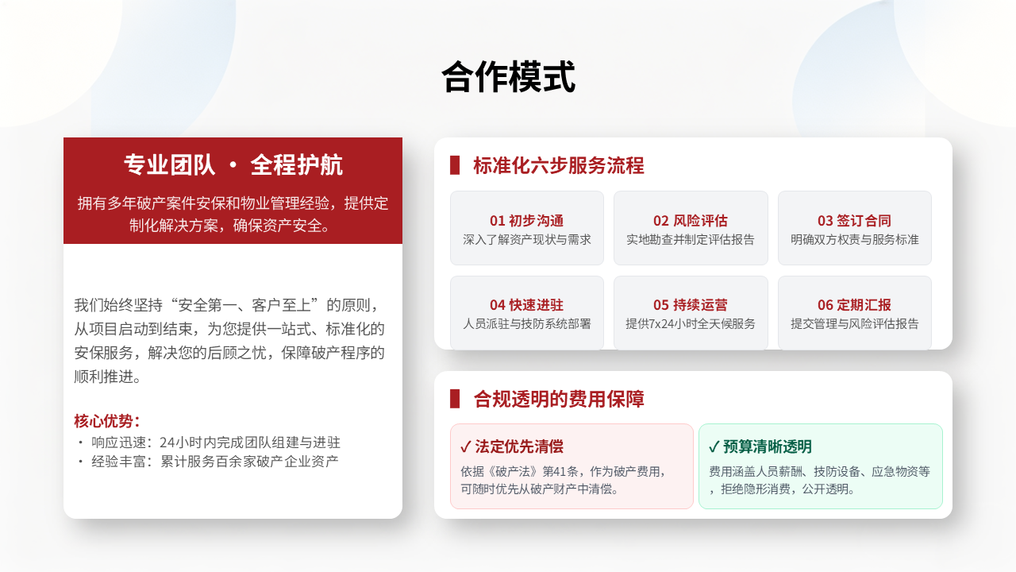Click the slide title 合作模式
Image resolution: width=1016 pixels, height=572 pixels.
(x=508, y=77)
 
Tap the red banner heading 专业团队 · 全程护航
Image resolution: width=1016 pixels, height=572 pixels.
(x=233, y=164)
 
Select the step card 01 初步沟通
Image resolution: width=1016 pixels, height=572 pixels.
(x=526, y=228)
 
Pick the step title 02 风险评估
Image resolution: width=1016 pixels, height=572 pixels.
(x=691, y=221)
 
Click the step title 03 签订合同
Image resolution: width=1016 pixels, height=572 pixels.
(x=855, y=221)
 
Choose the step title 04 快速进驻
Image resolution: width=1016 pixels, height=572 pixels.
(x=526, y=304)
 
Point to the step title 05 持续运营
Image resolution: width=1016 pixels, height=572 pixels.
(x=691, y=304)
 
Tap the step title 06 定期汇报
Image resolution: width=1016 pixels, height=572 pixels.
(x=855, y=304)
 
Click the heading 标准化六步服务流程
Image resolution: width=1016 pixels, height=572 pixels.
(x=558, y=165)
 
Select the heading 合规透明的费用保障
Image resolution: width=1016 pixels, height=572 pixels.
(x=558, y=399)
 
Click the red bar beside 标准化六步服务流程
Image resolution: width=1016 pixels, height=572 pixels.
(x=455, y=165)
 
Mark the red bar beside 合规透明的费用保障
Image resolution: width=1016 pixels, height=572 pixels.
(x=455, y=399)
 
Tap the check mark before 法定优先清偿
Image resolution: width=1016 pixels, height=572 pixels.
(x=465, y=447)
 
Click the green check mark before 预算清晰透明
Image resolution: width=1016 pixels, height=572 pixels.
(x=714, y=447)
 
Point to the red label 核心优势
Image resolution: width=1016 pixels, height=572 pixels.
(x=106, y=421)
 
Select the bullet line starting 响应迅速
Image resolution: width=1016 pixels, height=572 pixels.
(x=209, y=443)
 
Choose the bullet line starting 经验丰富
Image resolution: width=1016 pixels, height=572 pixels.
(x=208, y=462)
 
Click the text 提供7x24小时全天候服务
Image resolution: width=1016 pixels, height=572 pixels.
(x=691, y=323)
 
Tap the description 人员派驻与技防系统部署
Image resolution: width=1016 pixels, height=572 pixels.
(x=526, y=323)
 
